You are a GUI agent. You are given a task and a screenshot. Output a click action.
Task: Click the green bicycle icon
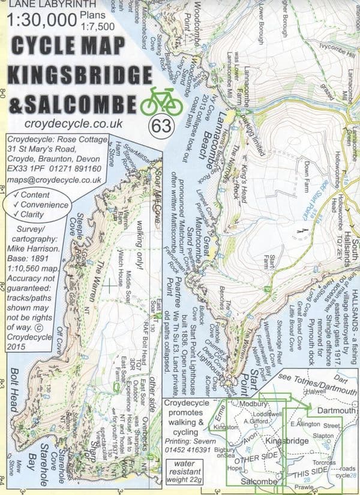coord(161,103)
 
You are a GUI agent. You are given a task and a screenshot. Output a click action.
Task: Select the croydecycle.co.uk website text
coord(75,124)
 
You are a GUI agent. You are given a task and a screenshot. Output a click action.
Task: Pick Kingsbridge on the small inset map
coord(290,441)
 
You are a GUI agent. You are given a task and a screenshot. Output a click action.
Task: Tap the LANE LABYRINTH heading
coord(41,5)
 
